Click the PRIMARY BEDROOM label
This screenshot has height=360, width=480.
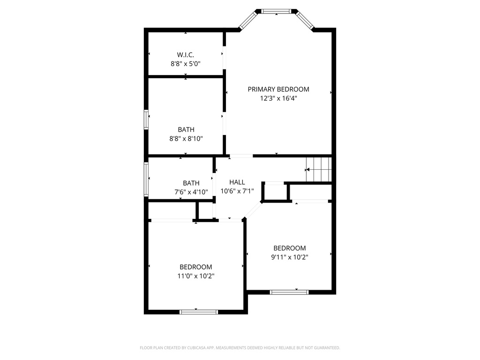[278, 89]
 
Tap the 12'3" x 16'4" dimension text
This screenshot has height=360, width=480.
[278, 98]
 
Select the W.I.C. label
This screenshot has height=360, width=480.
[186, 55]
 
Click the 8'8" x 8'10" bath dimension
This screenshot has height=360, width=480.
[186, 138]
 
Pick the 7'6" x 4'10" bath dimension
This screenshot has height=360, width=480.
[191, 191]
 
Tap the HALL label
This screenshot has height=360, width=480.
[237, 182]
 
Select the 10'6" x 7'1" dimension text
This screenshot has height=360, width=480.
[237, 191]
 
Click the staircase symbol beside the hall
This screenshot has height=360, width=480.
[319, 169]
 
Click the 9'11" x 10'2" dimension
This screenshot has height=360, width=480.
[290, 257]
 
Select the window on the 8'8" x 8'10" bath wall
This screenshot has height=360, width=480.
[146, 119]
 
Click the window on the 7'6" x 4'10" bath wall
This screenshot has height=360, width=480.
[146, 179]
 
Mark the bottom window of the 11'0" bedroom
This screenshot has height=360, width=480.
[199, 311]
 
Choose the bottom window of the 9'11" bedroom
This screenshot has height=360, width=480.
[289, 292]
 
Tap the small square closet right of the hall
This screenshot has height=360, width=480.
[275, 192]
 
